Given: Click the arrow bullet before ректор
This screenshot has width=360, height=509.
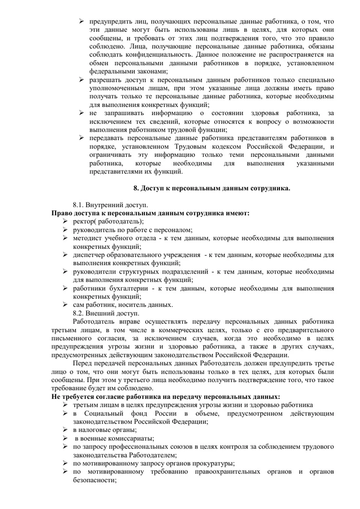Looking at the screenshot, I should point(66,221).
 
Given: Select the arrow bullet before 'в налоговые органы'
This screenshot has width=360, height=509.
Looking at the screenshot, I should point(65,429).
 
